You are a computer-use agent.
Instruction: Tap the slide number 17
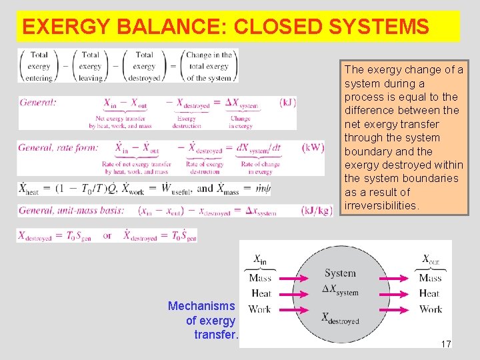pos(446,344)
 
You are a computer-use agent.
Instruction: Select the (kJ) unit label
pos(289,103)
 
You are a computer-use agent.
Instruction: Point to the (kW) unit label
pos(312,147)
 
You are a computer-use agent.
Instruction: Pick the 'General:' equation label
pos(38,103)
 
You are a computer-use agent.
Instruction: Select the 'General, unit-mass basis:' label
pos(71,211)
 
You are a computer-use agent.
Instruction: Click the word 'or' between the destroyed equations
pos(107,235)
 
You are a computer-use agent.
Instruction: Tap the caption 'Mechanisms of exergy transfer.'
pos(203,320)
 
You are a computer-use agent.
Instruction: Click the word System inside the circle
pos(340,273)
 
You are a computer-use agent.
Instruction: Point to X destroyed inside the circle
pos(340,318)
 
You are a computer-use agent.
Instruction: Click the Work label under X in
pos(259,309)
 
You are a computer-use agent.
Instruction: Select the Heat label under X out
pos(430,293)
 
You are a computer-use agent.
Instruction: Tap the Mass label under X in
pos(260,278)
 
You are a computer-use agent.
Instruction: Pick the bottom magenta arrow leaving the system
pos(397,309)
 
